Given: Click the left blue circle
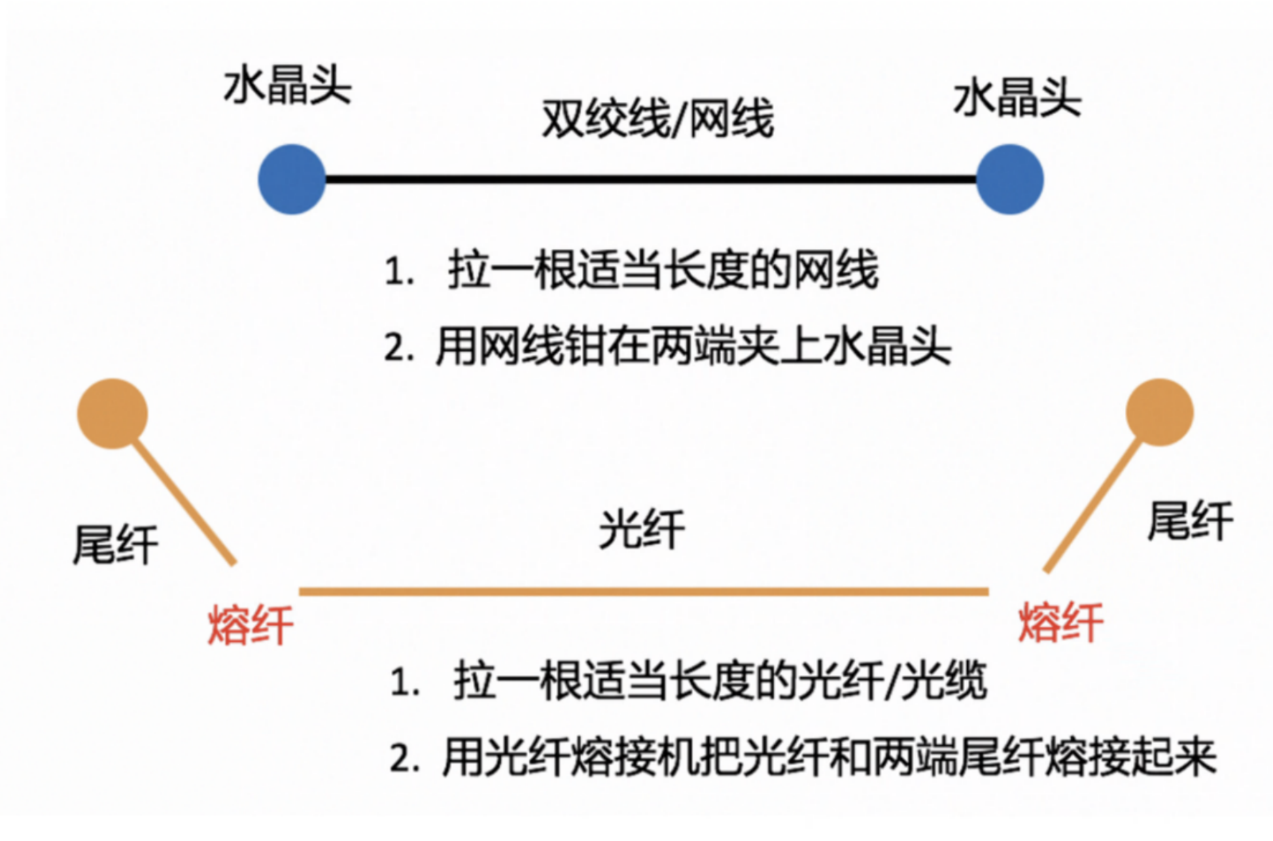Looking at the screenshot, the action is [x=292, y=179].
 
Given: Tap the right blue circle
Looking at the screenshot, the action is [x=1009, y=179].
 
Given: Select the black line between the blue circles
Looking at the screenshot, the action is [x=650, y=179].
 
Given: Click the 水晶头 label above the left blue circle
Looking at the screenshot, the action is [x=287, y=86].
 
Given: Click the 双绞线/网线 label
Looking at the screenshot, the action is [x=658, y=119].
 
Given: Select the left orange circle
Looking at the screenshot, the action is [x=112, y=413].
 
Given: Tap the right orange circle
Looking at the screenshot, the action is [x=1159, y=412].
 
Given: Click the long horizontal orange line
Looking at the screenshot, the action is [x=643, y=591].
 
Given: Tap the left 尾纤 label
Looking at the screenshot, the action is [x=115, y=545].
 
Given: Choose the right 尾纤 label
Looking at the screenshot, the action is [x=1190, y=521].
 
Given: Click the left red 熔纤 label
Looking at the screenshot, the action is [x=250, y=625].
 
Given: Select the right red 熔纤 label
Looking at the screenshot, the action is [x=1060, y=623].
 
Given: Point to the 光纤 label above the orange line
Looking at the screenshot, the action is [x=642, y=530].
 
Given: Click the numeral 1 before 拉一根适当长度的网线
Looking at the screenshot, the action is [x=398, y=272].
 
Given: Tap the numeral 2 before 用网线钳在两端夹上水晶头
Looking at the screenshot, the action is [x=398, y=348].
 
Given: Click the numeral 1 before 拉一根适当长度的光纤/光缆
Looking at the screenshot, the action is [x=404, y=681].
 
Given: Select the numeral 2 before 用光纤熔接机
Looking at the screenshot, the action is [x=404, y=757].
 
